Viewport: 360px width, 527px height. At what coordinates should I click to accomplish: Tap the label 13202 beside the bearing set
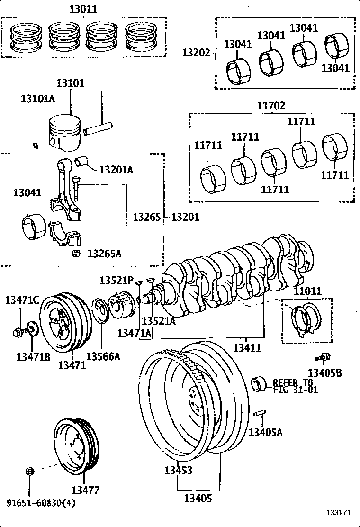(196, 53)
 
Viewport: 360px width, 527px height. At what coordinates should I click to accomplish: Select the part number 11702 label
(271, 106)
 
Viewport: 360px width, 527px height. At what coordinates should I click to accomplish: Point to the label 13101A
(37, 99)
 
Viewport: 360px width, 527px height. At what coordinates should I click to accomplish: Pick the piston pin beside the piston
(97, 128)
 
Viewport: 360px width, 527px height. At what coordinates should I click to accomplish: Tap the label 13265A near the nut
(104, 254)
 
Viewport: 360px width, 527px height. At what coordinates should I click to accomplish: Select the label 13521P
(117, 281)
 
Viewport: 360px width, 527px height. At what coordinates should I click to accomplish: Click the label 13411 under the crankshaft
(247, 347)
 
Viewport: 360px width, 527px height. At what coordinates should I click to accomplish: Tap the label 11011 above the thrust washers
(307, 291)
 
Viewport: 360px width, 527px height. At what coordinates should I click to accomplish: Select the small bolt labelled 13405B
(324, 356)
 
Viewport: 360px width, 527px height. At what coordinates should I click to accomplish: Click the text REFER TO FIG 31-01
(292, 386)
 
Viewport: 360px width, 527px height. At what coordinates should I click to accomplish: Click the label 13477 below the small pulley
(86, 490)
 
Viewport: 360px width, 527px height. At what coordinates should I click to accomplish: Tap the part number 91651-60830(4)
(41, 503)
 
